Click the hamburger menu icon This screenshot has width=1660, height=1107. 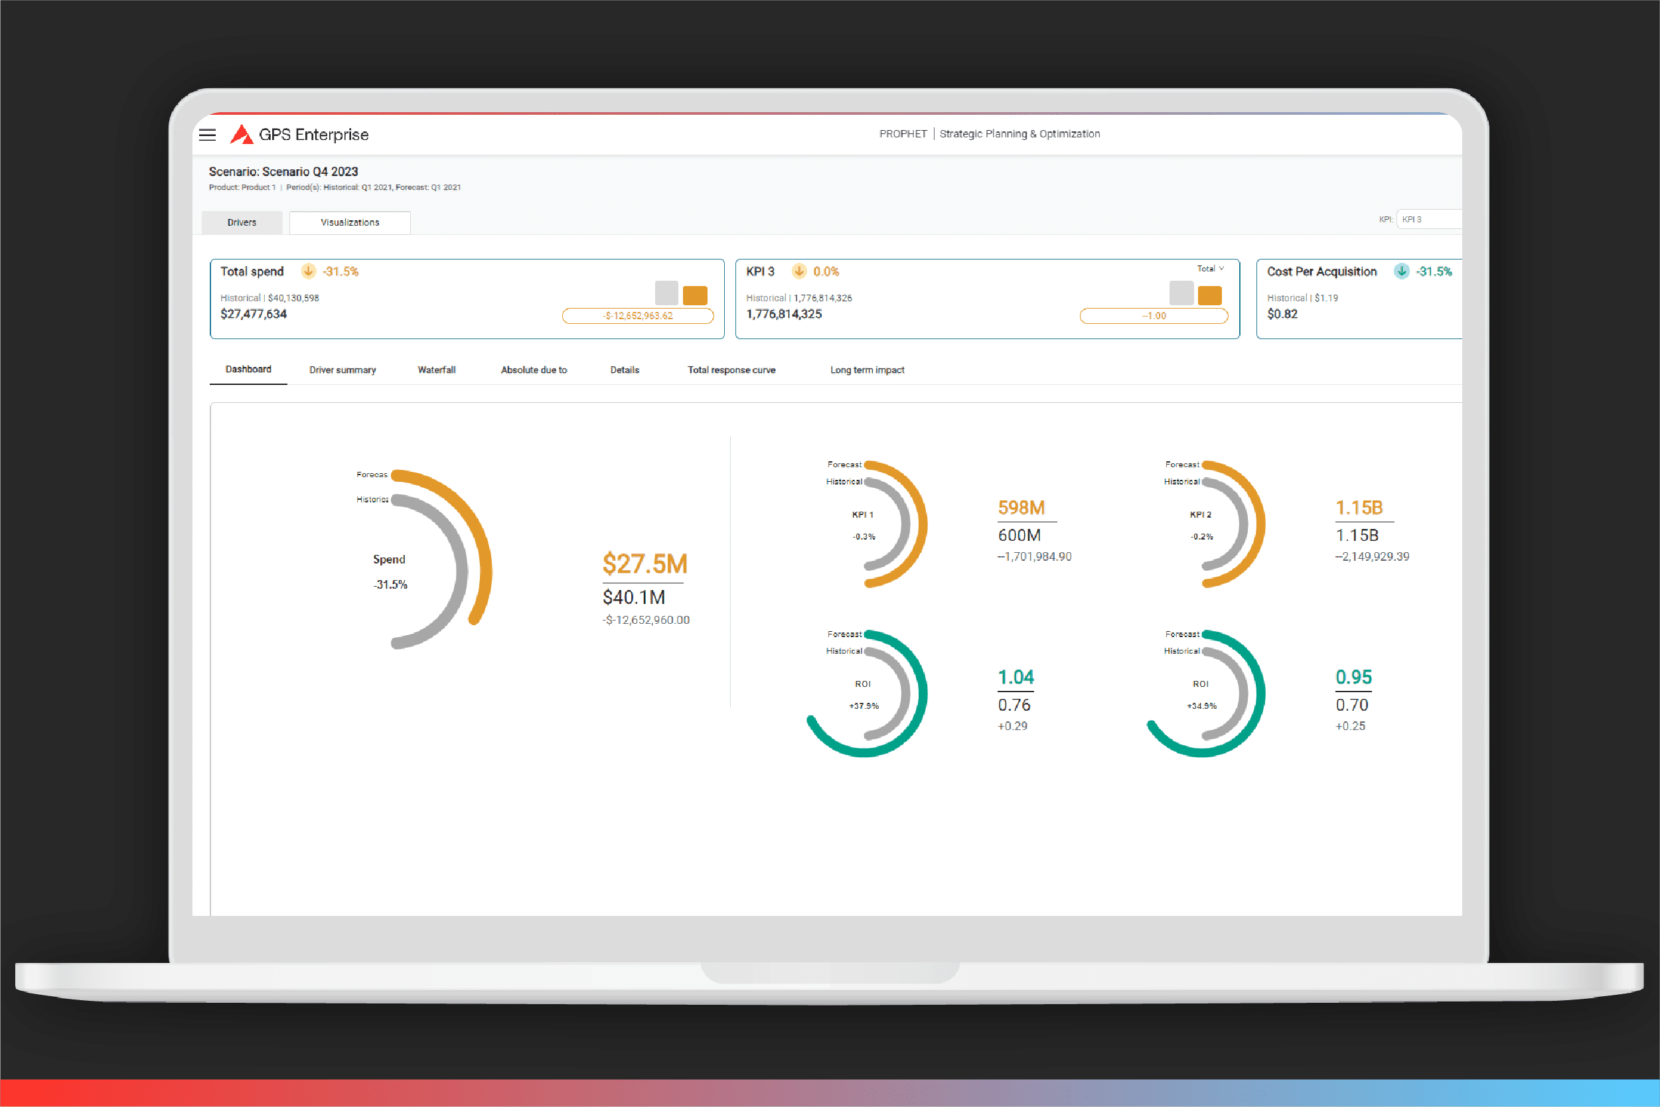click(208, 135)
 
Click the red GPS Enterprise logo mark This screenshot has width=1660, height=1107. click(242, 134)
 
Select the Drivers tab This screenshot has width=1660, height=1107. click(242, 222)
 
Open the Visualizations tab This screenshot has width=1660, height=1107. click(350, 222)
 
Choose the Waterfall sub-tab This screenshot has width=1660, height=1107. click(436, 370)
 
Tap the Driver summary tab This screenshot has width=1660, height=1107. click(342, 370)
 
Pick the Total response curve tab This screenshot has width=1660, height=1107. click(731, 370)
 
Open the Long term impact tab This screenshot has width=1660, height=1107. click(867, 370)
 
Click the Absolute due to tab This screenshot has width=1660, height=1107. click(534, 370)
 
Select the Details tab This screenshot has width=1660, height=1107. click(625, 370)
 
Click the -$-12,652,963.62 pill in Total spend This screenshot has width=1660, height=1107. click(638, 316)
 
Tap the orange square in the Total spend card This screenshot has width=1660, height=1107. click(695, 295)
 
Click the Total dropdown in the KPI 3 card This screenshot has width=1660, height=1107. click(1210, 269)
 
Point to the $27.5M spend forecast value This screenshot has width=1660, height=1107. click(644, 564)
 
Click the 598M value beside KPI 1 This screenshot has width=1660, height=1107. click(1021, 508)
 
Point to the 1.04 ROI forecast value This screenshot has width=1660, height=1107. click(1016, 677)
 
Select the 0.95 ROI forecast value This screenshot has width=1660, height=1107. click(1353, 677)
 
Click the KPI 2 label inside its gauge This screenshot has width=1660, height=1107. click(1200, 514)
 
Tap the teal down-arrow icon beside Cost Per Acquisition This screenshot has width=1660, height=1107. click(1402, 271)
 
